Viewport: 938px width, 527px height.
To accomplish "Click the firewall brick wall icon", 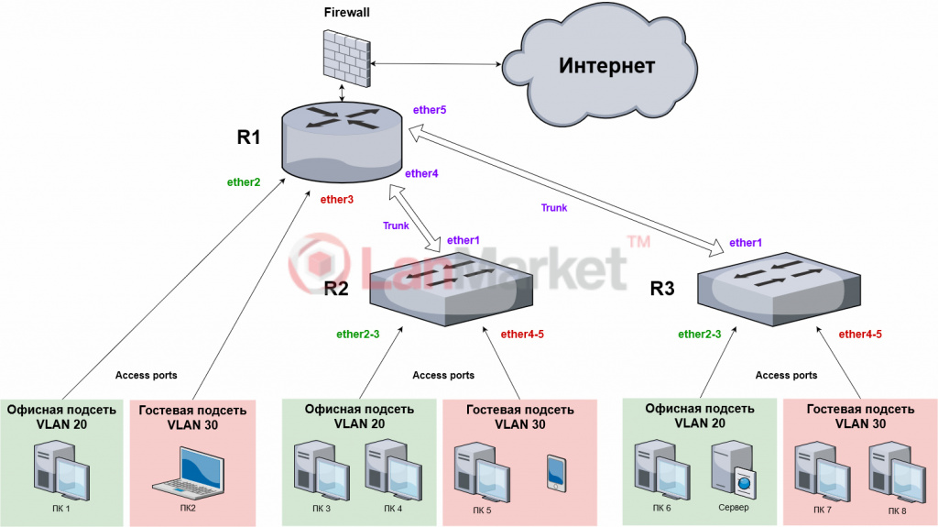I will (x=347, y=56).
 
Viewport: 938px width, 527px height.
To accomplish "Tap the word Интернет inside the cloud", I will (x=607, y=65).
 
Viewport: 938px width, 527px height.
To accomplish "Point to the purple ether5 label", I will (x=430, y=110).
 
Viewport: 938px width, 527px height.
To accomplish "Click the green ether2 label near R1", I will (x=244, y=181).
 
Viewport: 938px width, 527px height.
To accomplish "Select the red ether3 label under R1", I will (x=337, y=199).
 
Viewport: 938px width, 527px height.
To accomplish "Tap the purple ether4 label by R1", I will (x=421, y=173).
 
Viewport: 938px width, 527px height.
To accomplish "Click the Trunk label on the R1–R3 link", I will (x=554, y=208).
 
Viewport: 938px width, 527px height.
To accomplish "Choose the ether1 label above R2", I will (x=464, y=240).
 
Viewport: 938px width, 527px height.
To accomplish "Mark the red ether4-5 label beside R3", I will (x=860, y=335).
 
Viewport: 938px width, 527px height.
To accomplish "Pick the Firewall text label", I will (x=347, y=12).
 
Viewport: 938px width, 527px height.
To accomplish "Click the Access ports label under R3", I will (x=786, y=376).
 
